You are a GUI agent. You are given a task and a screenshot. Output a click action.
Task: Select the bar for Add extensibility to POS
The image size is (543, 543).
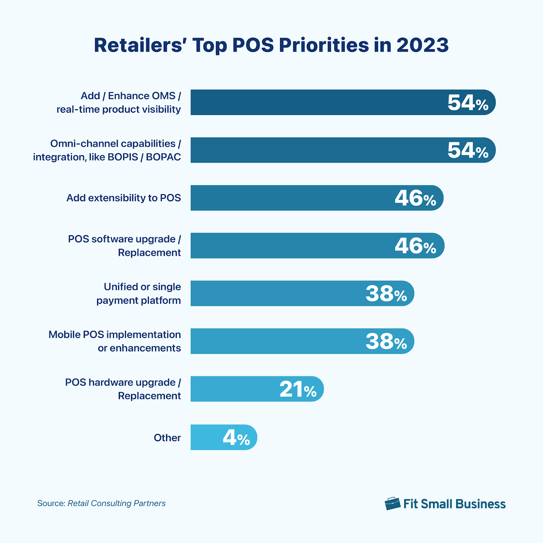click(x=288, y=198)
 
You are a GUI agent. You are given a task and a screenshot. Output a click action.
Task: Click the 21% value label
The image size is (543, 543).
click(x=298, y=389)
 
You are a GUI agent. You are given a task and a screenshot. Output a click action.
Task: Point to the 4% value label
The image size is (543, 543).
click(x=236, y=438)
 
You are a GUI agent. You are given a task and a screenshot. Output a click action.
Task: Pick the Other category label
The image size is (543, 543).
click(x=167, y=438)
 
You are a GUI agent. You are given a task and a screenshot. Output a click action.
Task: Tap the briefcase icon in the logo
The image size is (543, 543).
click(x=392, y=504)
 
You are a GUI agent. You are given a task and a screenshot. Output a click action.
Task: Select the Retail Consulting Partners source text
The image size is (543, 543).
click(x=116, y=503)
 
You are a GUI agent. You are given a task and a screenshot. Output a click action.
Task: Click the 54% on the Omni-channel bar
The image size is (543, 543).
click(x=468, y=150)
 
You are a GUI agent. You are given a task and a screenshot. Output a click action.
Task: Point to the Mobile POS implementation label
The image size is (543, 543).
click(x=115, y=335)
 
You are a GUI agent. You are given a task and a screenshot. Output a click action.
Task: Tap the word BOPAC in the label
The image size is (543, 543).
click(x=163, y=157)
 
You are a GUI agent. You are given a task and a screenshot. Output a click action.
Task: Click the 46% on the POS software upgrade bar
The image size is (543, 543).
click(x=415, y=246)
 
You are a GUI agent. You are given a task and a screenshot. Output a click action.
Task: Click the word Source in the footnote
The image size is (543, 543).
click(x=51, y=503)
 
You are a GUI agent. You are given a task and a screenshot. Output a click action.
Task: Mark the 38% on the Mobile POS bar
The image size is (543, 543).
click(x=386, y=341)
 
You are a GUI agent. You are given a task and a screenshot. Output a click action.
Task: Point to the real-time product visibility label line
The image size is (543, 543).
click(x=118, y=109)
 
